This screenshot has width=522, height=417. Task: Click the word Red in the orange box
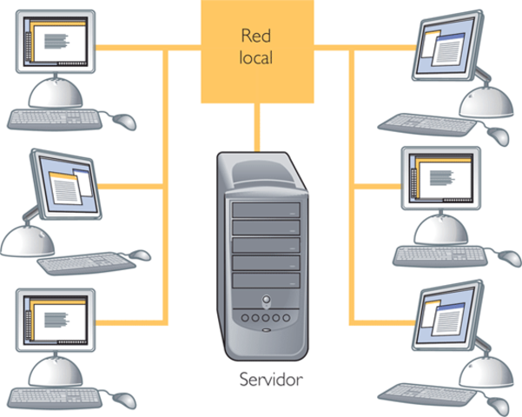tap(255, 36)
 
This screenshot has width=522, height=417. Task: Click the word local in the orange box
tap(256, 57)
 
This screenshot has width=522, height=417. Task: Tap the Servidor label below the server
tap(271, 380)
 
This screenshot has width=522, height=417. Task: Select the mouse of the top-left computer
tap(124, 122)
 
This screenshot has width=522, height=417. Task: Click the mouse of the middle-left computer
tap(140, 255)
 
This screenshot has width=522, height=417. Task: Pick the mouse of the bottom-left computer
tap(124, 400)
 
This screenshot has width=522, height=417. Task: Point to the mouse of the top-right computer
tap(499, 136)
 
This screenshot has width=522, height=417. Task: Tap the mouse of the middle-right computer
tap(510, 258)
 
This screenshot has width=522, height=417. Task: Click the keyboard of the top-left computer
tap(55, 120)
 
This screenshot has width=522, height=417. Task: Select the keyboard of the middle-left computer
tap(86, 262)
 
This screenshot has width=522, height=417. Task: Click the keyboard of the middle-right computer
tap(440, 255)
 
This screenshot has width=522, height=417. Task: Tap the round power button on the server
tap(266, 299)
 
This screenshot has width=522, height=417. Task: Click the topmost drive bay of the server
tap(266, 210)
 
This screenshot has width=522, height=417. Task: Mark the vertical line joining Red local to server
tap(257, 128)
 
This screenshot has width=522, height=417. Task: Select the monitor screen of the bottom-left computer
tap(56, 320)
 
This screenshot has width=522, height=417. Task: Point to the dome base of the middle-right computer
tap(440, 231)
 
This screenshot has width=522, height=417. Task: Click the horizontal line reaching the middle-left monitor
tap(131, 187)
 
